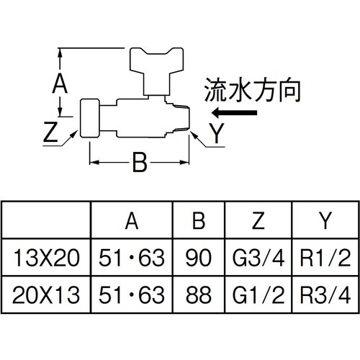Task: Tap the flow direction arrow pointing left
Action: pyautogui.click(x=235, y=113)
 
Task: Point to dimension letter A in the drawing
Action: pyautogui.click(x=61, y=84)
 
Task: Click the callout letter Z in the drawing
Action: pyautogui.click(x=50, y=133)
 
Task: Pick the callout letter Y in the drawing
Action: pyautogui.click(x=215, y=132)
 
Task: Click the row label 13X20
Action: pyautogui.click(x=48, y=257)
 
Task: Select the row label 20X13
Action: pyautogui.click(x=48, y=294)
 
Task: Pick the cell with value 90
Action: pyautogui.click(x=199, y=257)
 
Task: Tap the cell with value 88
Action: pyautogui.click(x=199, y=294)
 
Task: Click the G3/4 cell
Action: pyautogui.click(x=258, y=257)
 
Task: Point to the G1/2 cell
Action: pyautogui.click(x=258, y=294)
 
